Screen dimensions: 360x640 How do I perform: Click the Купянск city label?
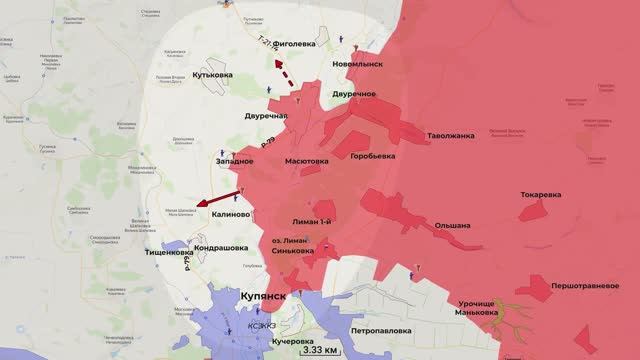[x=264, y=297]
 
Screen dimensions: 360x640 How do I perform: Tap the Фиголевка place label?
[x=302, y=45]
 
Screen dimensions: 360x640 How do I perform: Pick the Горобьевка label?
[x=372, y=156]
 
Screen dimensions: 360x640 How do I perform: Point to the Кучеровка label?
[x=263, y=342]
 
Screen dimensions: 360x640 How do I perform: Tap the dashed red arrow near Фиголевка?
[x=284, y=73]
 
